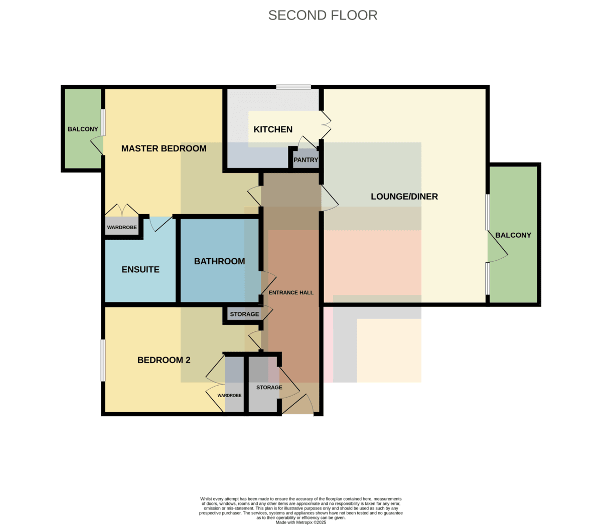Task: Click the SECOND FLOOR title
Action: point(323,16)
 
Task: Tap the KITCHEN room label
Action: point(273,129)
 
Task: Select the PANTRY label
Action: point(306,159)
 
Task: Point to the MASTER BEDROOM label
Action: point(164,148)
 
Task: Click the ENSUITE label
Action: point(140,269)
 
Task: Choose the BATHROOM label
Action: point(220,261)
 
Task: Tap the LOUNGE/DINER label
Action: point(404,197)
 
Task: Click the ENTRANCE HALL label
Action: point(291,293)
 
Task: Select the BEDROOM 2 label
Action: point(164,360)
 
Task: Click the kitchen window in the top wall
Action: point(293,87)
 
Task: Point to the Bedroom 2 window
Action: point(103,361)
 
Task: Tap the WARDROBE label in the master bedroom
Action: point(122,227)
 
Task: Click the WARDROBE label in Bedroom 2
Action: point(229,395)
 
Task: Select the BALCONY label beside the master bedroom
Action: point(83,129)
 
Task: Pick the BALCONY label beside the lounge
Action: point(513,235)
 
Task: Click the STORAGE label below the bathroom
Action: point(244,314)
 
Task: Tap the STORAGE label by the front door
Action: point(269,387)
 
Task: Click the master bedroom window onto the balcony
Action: point(103,123)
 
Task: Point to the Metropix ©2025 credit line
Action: point(300,522)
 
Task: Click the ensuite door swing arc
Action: point(152,225)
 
